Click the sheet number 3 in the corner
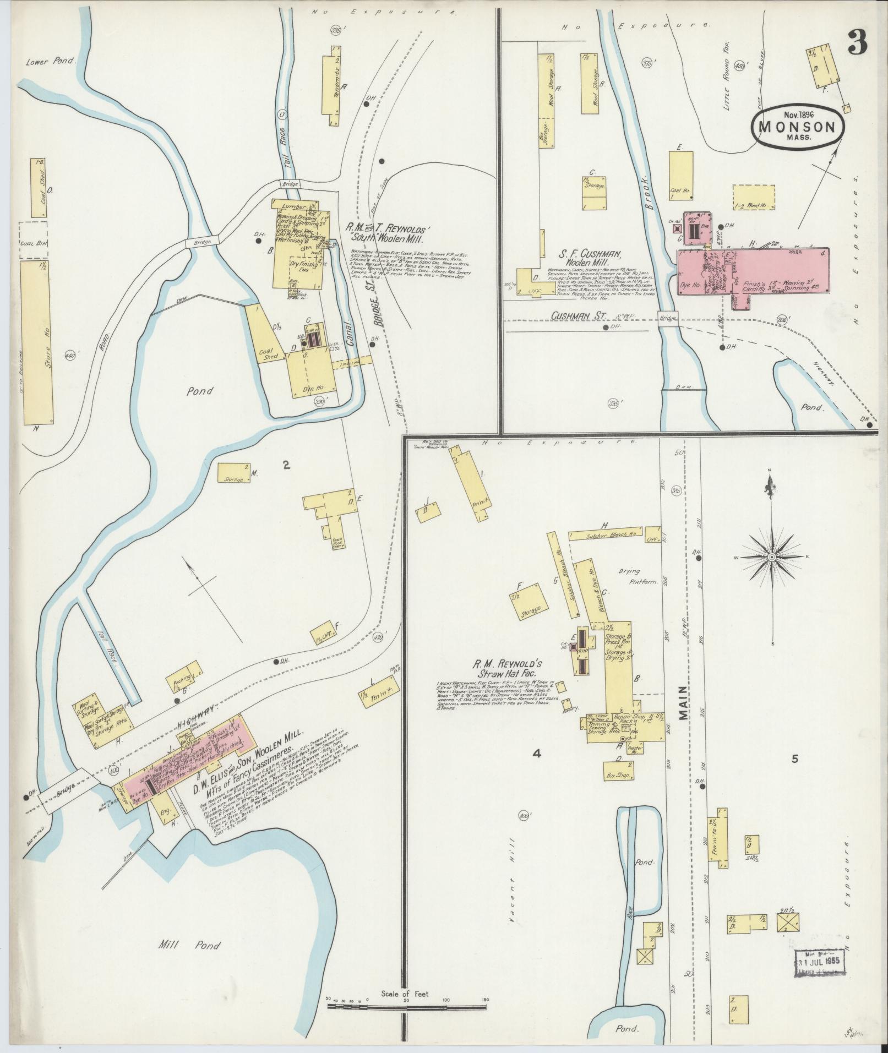pyautogui.click(x=858, y=42)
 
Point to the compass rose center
pyautogui.click(x=772, y=557)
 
